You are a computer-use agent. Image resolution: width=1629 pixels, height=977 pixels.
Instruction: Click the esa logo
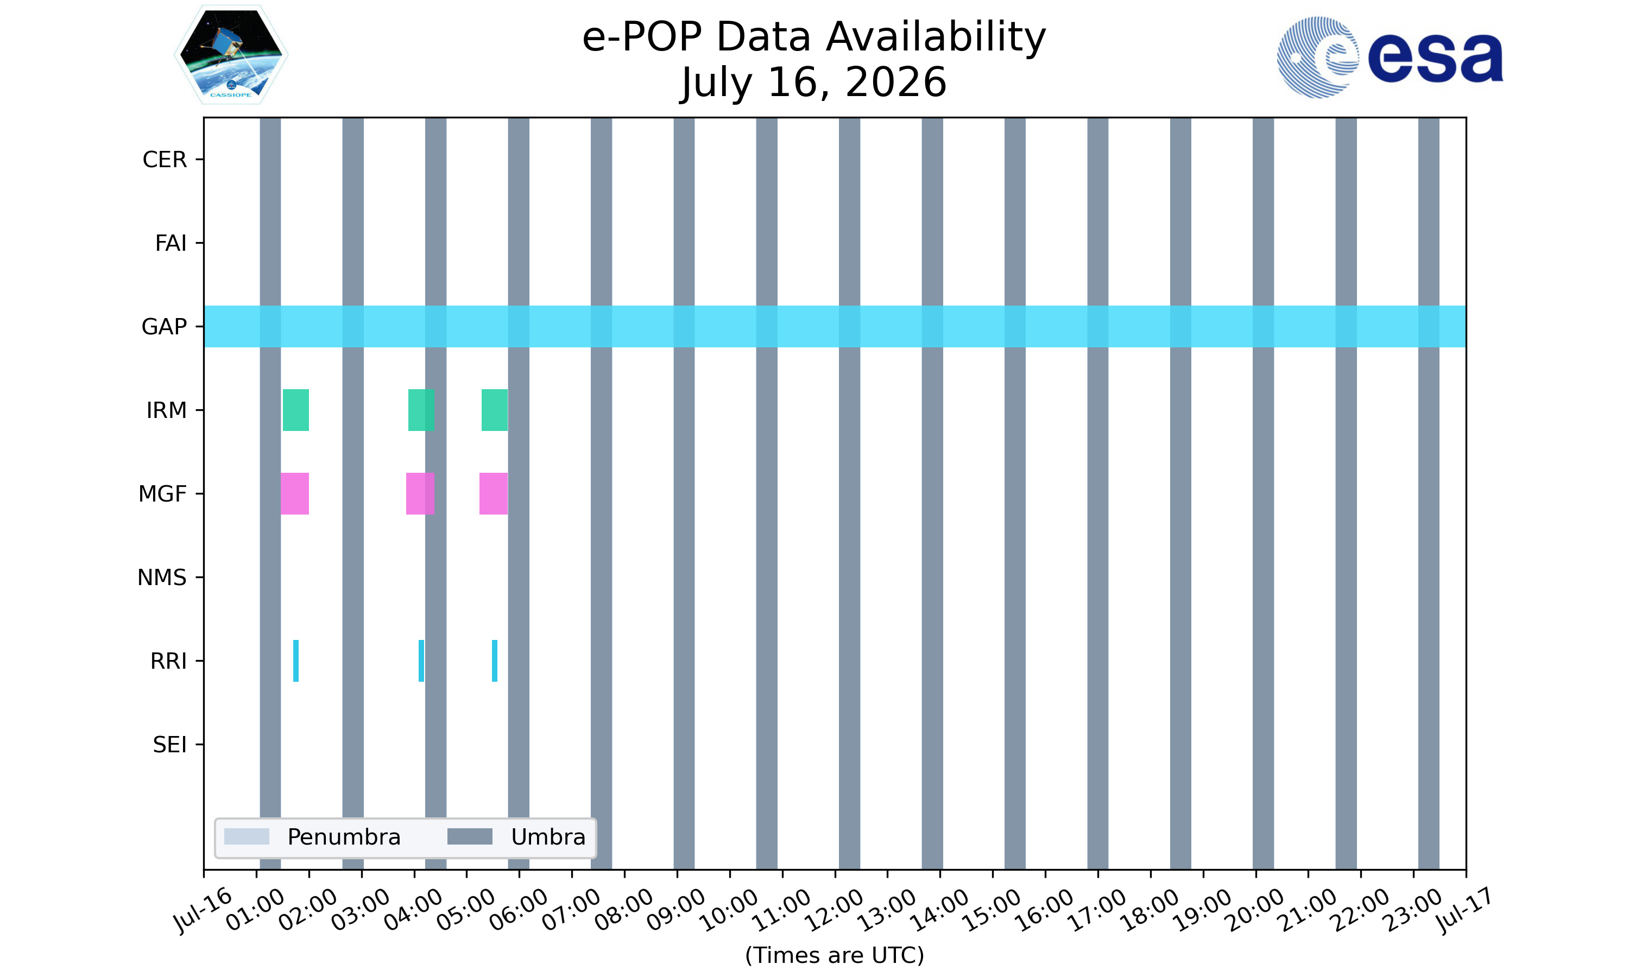1390,58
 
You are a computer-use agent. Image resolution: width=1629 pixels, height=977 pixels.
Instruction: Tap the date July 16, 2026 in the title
814,83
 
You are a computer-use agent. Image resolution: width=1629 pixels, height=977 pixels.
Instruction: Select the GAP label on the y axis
164,327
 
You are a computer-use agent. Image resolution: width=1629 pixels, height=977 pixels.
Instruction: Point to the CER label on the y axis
165,160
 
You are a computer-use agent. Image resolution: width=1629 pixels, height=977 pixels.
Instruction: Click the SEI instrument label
170,745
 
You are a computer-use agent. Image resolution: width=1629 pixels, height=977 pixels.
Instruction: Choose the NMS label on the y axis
162,578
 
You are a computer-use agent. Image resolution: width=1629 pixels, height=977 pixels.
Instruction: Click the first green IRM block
295,410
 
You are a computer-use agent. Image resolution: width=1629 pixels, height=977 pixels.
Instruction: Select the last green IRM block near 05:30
495,410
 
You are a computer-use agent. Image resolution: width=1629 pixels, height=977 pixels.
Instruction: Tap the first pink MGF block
294,494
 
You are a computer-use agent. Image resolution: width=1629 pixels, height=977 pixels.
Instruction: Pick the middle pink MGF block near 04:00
420,494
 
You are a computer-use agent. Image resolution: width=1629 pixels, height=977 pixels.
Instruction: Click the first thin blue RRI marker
295,661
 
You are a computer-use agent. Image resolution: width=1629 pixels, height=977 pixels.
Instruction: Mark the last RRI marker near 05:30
495,661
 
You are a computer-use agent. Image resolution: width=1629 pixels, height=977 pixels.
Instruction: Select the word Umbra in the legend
548,837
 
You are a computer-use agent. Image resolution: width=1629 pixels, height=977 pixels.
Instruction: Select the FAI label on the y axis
171,243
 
